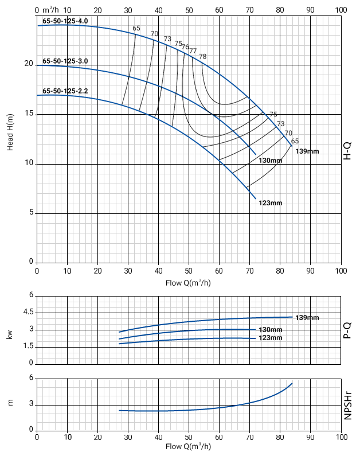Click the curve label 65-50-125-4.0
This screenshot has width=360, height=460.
(65, 21)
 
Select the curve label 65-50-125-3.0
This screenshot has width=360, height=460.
(65, 61)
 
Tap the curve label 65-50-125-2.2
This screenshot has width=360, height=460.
(65, 91)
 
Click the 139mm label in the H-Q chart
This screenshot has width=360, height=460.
(307, 151)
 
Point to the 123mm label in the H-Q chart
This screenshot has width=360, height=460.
(271, 203)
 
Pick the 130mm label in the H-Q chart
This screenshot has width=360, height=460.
(271, 161)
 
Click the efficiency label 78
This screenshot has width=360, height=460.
(203, 56)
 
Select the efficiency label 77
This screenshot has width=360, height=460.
(193, 51)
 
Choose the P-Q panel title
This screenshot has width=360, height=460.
(347, 330)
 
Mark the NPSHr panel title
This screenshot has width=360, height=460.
(347, 404)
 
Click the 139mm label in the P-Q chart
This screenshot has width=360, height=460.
(307, 317)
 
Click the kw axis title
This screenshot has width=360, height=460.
(10, 334)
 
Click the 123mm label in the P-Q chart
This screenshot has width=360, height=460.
(271, 338)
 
